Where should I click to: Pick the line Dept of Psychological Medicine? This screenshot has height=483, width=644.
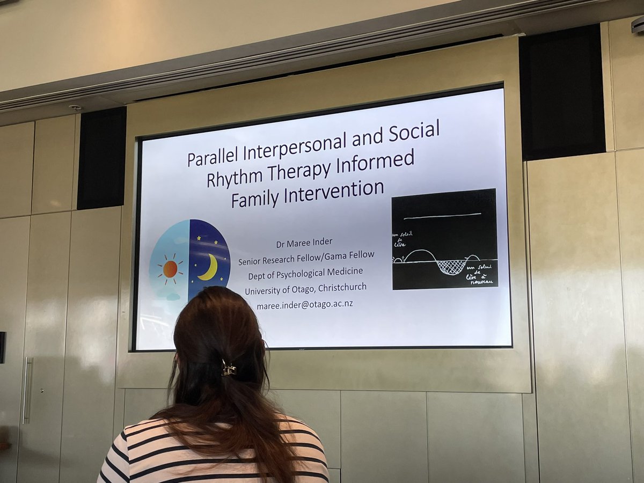[305, 274]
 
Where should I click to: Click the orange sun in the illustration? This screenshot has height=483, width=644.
[170, 269]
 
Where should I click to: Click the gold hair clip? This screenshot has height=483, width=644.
[229, 369]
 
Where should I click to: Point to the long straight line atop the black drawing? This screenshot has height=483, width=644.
[442, 216]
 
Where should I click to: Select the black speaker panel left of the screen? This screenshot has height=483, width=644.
[101, 158]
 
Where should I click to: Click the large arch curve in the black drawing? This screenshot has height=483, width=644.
[420, 254]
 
